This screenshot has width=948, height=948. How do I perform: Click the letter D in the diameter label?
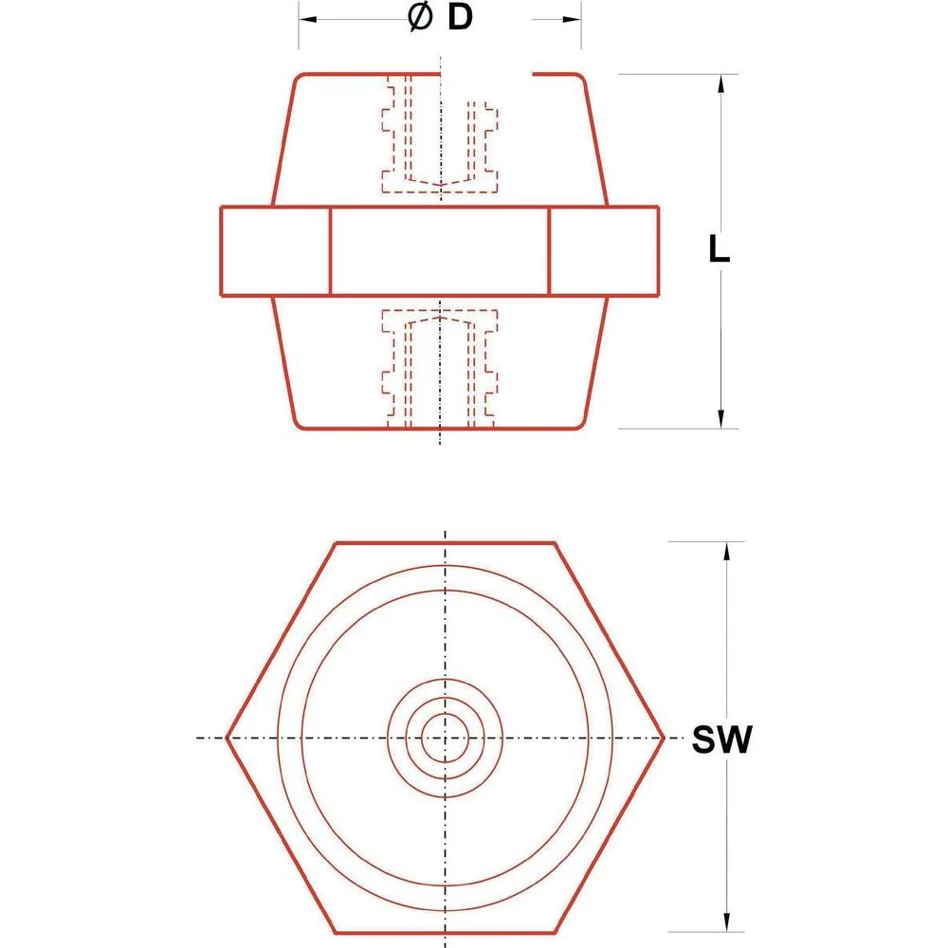click(459, 19)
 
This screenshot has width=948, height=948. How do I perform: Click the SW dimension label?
click(720, 740)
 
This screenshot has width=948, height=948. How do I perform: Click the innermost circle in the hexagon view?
click(444, 738)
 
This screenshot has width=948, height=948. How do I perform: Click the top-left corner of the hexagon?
click(337, 544)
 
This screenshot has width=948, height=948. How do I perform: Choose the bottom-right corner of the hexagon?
click(554, 930)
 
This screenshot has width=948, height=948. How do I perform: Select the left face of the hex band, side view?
click(275, 250)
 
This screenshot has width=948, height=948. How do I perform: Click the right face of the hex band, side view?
click(604, 250)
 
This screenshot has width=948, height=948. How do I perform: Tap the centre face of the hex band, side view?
click(440, 250)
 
